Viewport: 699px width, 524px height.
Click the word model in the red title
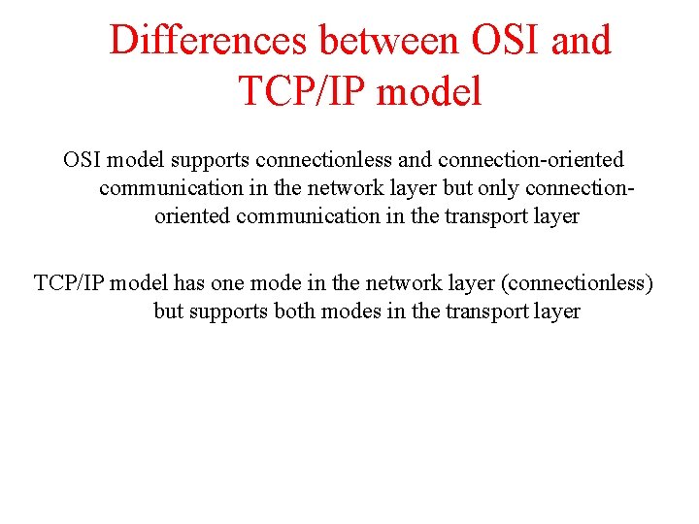pyautogui.click(x=429, y=91)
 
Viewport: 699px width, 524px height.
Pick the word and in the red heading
pyautogui.click(x=579, y=41)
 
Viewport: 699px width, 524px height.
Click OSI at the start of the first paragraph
pyautogui.click(x=83, y=159)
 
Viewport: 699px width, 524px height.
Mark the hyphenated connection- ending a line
pyautogui.click(x=579, y=187)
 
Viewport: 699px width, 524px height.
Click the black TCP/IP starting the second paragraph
pyautogui.click(x=68, y=283)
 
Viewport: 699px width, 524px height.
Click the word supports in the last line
pyautogui.click(x=231, y=311)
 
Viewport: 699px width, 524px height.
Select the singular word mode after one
pyautogui.click(x=276, y=283)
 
